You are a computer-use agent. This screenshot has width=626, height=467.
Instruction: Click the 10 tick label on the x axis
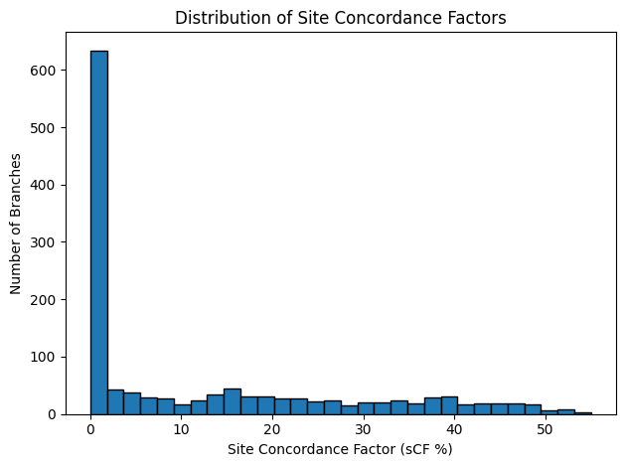(181, 429)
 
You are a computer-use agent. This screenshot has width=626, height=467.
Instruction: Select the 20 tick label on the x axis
(272, 429)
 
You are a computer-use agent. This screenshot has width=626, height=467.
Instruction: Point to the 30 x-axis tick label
(363, 429)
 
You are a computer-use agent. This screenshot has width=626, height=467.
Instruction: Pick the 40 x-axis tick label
(454, 429)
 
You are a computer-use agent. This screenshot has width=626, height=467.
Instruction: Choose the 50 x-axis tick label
(545, 429)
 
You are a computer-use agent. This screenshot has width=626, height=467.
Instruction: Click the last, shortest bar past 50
(583, 412)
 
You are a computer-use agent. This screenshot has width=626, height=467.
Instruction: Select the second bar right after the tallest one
(115, 402)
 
